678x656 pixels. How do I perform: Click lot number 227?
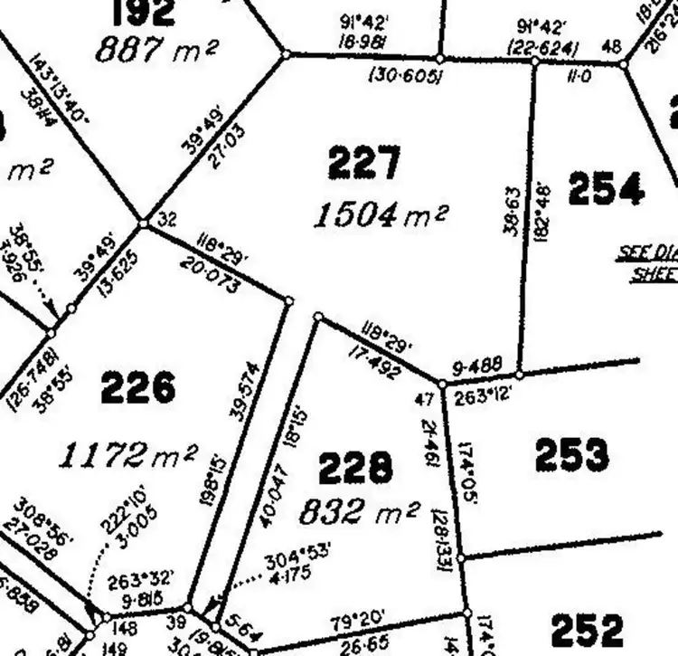pyautogui.click(x=364, y=165)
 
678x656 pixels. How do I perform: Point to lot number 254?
pyautogui.click(x=606, y=189)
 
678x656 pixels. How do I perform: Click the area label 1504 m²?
pyautogui.click(x=381, y=215)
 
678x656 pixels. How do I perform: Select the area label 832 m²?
pyautogui.click(x=359, y=512)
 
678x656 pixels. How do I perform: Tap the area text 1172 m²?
pyautogui.click(x=127, y=455)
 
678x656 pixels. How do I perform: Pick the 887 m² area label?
pyautogui.click(x=155, y=49)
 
